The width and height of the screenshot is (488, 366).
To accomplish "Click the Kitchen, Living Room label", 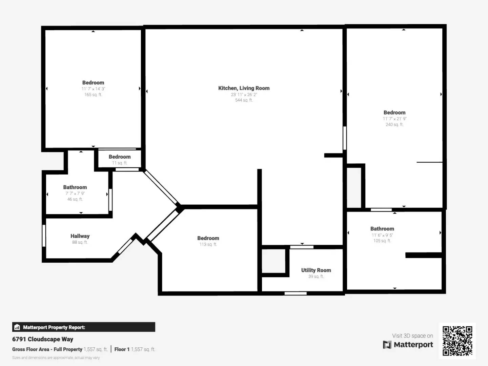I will click(x=244, y=88).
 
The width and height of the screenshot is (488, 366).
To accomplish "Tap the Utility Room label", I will click(x=316, y=270).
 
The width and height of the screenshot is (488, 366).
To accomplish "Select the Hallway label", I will click(x=80, y=236).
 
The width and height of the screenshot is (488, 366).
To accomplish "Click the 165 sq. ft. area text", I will click(x=93, y=95).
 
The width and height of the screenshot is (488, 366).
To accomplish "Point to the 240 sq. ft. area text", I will click(x=394, y=125).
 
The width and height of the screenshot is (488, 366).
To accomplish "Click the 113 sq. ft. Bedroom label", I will click(x=208, y=238).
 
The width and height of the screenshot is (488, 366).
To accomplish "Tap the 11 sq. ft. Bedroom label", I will click(x=120, y=157).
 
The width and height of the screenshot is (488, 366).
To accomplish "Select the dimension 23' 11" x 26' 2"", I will click(x=244, y=95).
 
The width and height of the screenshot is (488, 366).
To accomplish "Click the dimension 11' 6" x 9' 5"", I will click(x=382, y=235).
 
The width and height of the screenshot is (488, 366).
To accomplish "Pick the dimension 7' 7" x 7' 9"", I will click(x=75, y=194).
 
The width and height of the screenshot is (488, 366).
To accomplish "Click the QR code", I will click(x=457, y=341).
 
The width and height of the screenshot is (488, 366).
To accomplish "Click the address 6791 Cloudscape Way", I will click(x=43, y=339).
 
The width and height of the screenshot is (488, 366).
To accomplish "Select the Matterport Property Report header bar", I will click(x=84, y=327).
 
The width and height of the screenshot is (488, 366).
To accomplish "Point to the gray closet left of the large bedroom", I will click(x=354, y=188).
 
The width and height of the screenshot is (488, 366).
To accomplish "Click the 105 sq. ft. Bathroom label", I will click(x=382, y=229).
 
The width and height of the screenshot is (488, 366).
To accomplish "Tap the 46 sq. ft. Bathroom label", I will click(x=75, y=187).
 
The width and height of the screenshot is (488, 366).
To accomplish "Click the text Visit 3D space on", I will click(x=412, y=336).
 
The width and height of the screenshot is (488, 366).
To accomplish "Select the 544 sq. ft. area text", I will click(x=244, y=100).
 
